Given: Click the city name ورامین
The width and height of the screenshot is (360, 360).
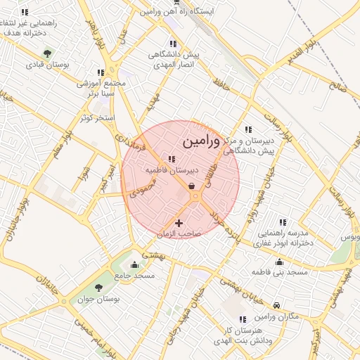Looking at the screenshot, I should [200, 141].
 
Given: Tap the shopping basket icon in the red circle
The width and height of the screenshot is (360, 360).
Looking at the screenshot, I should [192, 186].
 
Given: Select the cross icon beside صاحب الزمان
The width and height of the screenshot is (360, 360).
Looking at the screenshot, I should [179, 223].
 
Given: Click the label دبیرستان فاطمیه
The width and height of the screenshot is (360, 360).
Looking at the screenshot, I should [172, 170].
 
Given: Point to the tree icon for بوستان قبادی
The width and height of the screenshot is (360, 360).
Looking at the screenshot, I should [47, 53].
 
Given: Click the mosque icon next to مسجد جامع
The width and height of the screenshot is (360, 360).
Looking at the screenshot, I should [134, 264].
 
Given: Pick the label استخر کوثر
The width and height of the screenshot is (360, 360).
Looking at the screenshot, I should [97, 117].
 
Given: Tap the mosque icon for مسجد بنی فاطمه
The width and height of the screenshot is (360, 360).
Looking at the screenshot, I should [280, 260].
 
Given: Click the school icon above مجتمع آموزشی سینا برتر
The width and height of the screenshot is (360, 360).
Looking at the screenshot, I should [101, 72].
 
